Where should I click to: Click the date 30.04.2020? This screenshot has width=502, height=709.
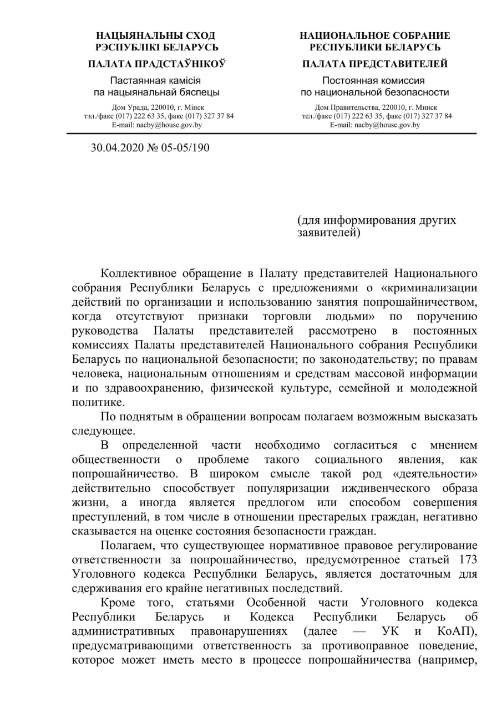pyautogui.click(x=115, y=148)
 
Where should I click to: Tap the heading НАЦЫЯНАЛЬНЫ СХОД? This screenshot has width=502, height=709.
pyautogui.click(x=156, y=35)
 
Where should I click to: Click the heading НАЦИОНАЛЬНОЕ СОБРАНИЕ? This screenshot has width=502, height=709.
pyautogui.click(x=375, y=35)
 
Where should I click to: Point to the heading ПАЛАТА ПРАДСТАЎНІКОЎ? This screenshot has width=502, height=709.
pyautogui.click(x=156, y=64)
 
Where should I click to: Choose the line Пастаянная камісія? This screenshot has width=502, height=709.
pyautogui.click(x=156, y=80)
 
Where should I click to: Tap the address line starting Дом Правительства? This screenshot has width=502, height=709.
pyautogui.click(x=376, y=107)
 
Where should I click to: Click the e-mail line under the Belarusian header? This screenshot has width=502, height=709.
pyautogui.click(x=156, y=125)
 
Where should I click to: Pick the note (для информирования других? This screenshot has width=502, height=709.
pyautogui.click(x=377, y=220)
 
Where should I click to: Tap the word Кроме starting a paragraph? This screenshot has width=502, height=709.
pyautogui.click(x=118, y=603)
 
